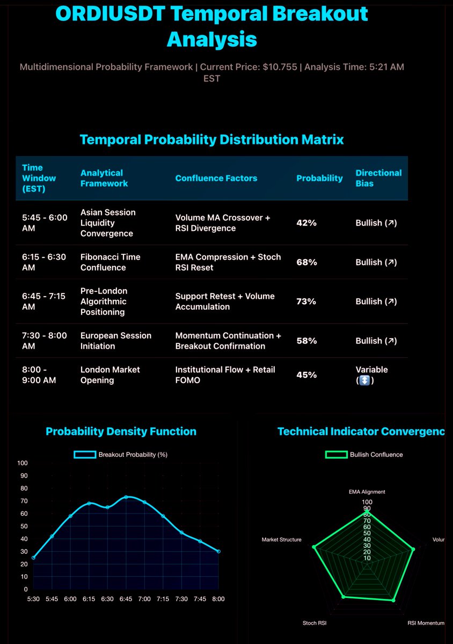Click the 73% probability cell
click(306, 302)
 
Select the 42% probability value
click(306, 223)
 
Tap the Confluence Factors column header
click(216, 178)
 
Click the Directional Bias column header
click(378, 178)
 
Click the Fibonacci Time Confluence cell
click(110, 262)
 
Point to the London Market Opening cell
click(110, 375)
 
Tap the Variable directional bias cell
click(371, 375)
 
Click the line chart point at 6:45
click(126, 497)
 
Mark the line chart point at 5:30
click(33, 558)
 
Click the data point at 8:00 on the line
click(218, 551)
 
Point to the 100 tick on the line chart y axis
click(22, 463)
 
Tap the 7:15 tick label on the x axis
click(163, 599)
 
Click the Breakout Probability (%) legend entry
click(121, 455)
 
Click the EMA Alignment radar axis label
click(367, 492)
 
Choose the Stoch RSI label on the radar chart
click(315, 623)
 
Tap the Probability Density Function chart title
click(121, 431)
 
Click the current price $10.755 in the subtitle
click(273, 67)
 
